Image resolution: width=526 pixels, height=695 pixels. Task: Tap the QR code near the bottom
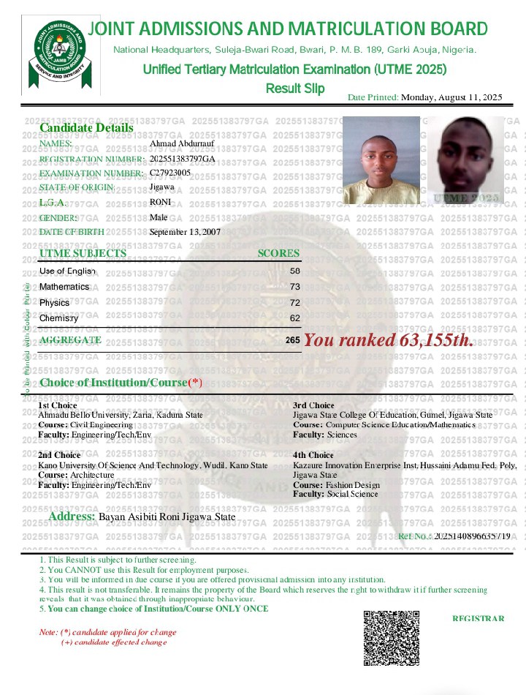pos(391,637)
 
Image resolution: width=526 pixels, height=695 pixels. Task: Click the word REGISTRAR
pos(478,618)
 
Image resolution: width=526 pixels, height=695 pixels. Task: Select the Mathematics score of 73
pos(295,287)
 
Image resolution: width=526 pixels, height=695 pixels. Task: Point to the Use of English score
pos(295,271)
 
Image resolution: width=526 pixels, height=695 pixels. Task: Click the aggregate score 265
pos(293,340)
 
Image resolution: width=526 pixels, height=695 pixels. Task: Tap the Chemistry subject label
pos(59,318)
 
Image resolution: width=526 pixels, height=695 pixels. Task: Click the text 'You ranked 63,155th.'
pos(389,340)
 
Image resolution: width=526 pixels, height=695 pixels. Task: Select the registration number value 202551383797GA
pos(183,159)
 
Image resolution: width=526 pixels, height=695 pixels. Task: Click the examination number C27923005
pos(170,173)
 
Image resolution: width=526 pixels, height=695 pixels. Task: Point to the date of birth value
pos(185,232)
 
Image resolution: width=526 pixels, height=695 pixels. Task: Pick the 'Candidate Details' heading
pos(86,127)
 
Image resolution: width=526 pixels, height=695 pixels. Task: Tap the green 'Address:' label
pos(72,516)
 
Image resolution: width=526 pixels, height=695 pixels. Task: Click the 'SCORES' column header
pos(278,253)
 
